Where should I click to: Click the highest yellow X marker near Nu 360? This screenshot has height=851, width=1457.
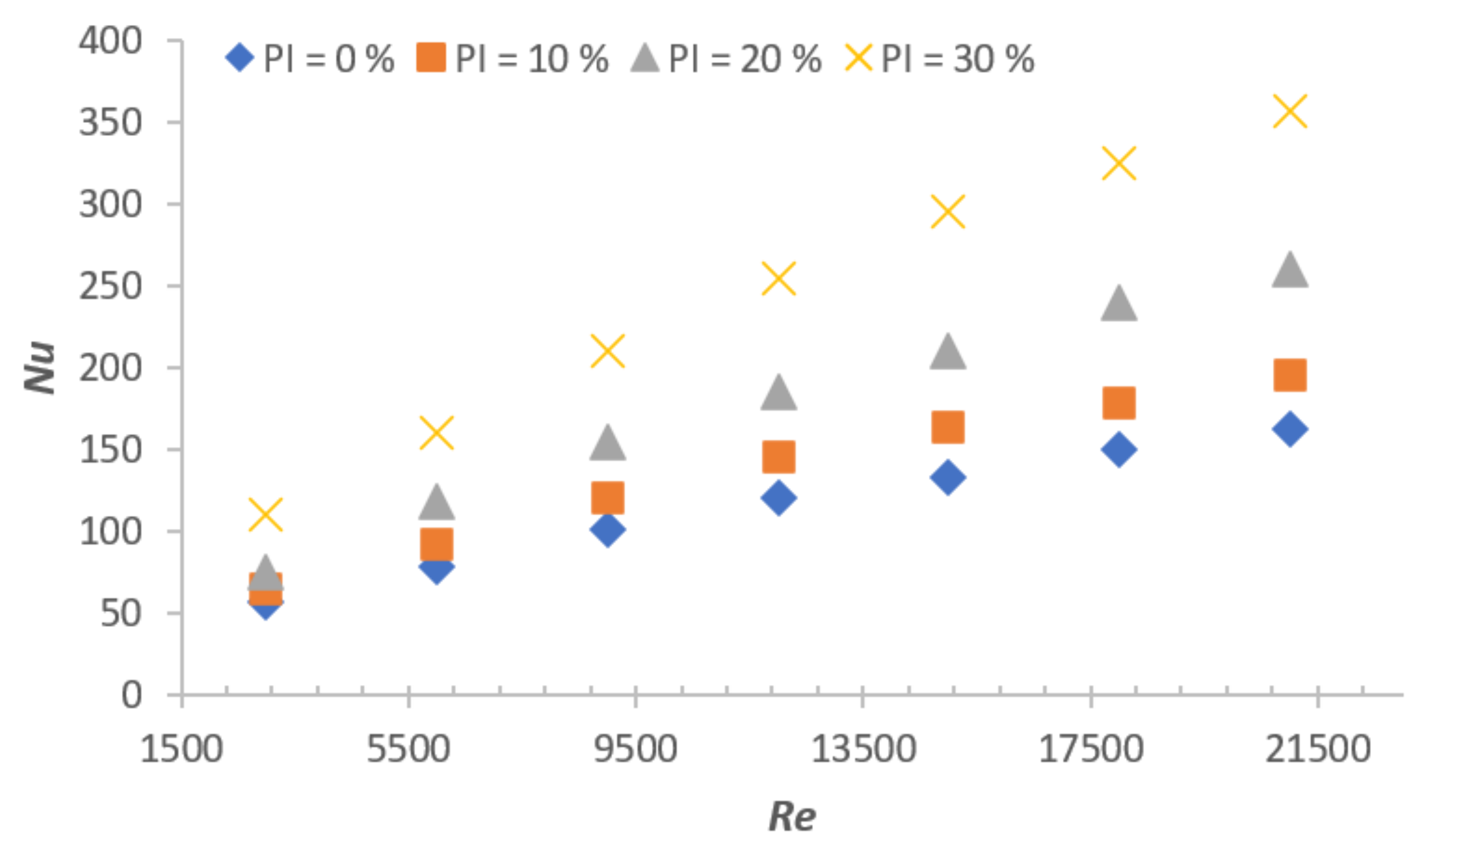1290,112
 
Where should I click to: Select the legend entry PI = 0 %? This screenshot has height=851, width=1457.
310,59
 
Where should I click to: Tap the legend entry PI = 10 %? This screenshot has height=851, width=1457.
512,59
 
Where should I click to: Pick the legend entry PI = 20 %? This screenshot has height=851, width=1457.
725,59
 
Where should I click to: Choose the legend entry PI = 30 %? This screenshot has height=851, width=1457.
940,59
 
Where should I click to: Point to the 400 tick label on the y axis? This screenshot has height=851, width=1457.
111,41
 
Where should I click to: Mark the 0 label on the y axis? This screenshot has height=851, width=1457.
131,695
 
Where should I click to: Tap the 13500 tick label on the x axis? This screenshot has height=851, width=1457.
863,749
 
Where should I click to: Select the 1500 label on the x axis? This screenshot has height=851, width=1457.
182,749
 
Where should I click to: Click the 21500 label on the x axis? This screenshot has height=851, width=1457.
1317,749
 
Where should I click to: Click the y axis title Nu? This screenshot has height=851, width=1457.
39,368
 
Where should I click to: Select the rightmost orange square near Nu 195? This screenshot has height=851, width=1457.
1290,375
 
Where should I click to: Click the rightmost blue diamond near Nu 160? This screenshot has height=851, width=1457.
1290,429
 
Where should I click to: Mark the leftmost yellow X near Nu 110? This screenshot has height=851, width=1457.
265,514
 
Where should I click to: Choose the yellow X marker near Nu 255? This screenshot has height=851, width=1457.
779,278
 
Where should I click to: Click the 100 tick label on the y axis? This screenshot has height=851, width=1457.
111,531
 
